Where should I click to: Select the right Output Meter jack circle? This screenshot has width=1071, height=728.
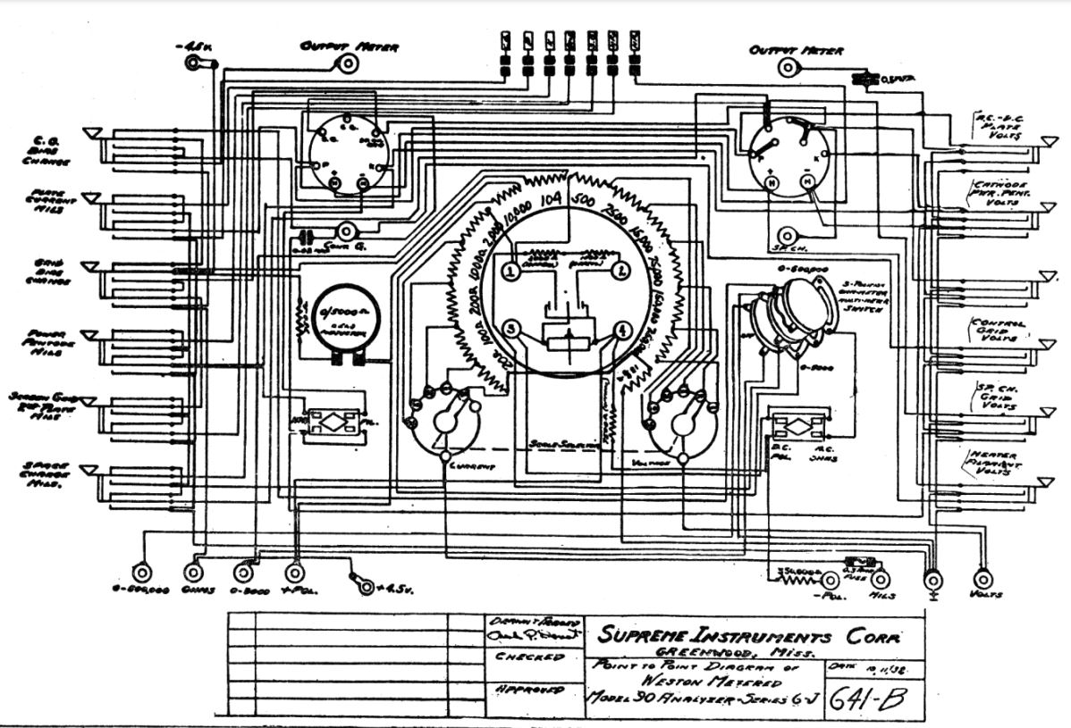(787, 68)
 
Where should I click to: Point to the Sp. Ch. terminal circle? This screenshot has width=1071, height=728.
(787, 235)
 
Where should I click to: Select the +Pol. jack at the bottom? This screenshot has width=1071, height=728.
(294, 573)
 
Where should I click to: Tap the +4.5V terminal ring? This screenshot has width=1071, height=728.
(365, 585)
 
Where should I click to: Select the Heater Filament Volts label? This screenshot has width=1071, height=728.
(993, 464)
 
